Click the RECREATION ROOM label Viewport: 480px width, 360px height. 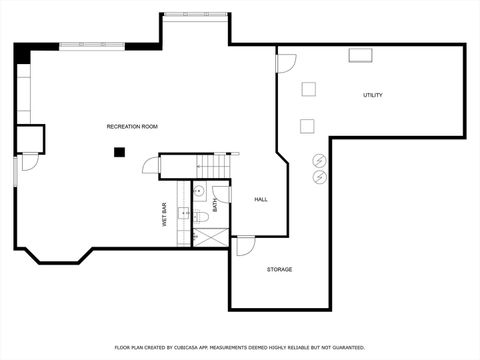[132, 126]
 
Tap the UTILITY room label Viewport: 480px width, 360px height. [372, 95]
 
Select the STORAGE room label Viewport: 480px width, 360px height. [279, 269]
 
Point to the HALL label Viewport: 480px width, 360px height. [260, 199]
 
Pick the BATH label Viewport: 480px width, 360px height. [214, 204]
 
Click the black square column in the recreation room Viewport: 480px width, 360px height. [119, 152]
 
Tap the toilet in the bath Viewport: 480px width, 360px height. [200, 216]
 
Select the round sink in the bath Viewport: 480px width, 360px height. [198, 190]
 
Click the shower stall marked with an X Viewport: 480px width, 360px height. [210, 237]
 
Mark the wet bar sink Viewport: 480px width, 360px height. [184, 213]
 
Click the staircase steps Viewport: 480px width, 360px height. [212, 166]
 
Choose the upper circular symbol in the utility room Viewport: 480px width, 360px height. [320, 159]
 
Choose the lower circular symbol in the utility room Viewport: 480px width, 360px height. [320, 177]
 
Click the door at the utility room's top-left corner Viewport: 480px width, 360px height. [286, 62]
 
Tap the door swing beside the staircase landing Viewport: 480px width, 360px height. [151, 165]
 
